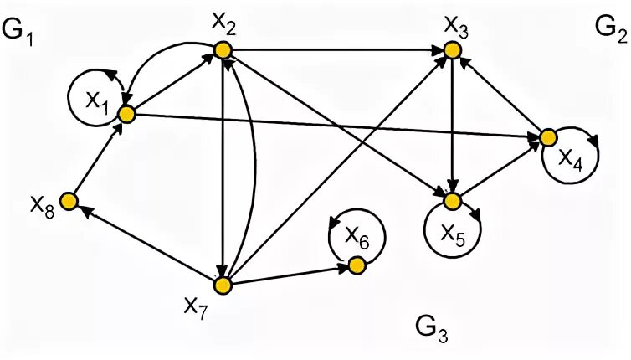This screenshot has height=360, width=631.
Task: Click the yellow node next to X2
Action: click(223, 51)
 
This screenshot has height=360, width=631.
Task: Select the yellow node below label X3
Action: click(452, 52)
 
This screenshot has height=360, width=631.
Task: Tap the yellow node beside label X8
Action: click(69, 201)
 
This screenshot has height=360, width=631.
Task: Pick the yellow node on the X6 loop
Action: click(356, 266)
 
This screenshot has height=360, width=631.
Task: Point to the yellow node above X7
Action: click(223, 285)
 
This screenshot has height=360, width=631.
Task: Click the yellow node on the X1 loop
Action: click(126, 114)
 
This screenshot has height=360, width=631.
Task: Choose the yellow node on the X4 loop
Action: click(548, 137)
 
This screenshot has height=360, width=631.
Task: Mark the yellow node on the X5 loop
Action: click(452, 201)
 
